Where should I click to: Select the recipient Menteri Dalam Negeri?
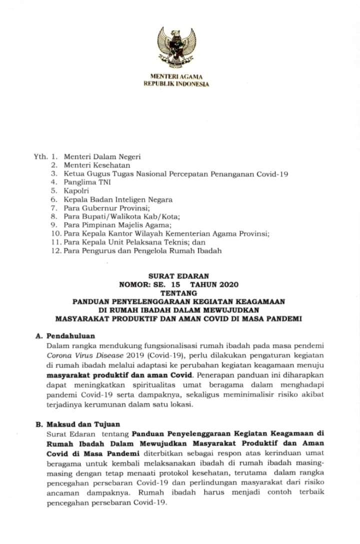[x=102, y=157]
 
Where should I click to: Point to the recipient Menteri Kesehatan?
[x=97, y=165]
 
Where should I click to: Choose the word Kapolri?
[x=76, y=191]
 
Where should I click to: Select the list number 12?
[x=55, y=250]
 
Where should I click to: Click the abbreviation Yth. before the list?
[x=40, y=157]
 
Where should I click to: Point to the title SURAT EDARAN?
[x=178, y=276]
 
